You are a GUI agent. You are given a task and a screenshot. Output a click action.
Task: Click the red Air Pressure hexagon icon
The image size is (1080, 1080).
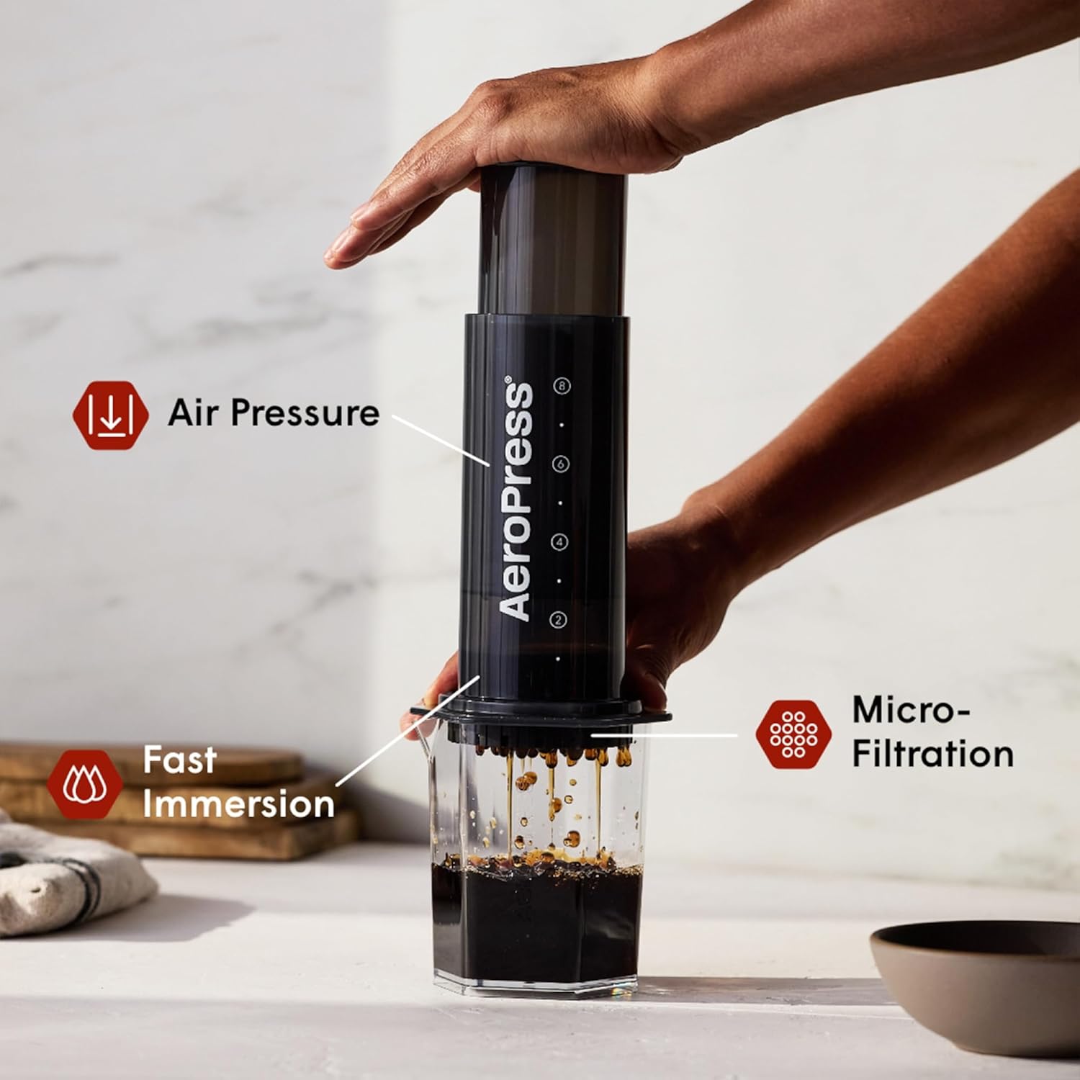click(x=110, y=415)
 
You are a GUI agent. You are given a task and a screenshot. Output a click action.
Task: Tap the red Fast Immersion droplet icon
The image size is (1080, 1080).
click(x=85, y=783)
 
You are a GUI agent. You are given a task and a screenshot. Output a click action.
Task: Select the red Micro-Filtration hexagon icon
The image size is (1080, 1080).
click(x=793, y=733)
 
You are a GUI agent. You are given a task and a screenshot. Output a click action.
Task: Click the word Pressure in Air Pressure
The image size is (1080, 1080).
click(x=305, y=413)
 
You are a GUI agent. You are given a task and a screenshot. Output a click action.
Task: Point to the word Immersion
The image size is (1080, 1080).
click(x=238, y=804)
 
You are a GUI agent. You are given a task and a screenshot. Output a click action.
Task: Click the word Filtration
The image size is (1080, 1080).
click(x=932, y=754)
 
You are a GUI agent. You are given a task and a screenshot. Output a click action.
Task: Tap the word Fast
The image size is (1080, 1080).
click(x=179, y=760)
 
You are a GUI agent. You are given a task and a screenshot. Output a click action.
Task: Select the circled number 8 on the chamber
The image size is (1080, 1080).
click(x=562, y=386)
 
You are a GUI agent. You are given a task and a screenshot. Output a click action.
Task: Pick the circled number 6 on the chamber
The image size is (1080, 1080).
click(x=561, y=464)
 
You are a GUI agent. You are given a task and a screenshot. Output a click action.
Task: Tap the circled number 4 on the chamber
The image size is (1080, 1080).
click(x=559, y=541)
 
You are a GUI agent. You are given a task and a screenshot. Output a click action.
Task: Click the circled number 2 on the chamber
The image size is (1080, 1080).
click(x=558, y=618)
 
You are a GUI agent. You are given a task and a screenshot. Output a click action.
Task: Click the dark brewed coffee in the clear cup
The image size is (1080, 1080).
click(x=536, y=929)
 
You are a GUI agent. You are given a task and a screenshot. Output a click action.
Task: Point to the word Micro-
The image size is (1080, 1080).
click(x=911, y=710)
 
